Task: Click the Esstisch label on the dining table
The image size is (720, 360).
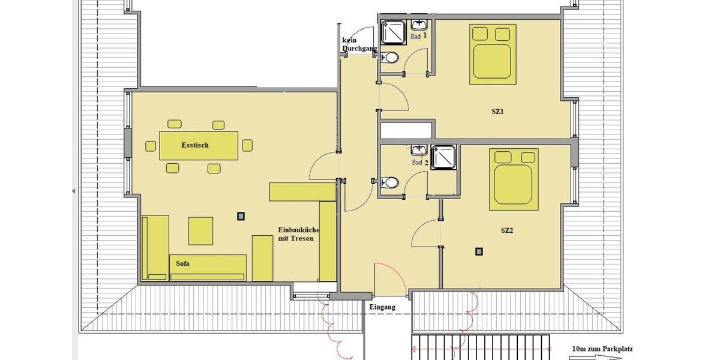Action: tap(195, 145)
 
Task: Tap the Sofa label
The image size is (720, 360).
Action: tap(183, 263)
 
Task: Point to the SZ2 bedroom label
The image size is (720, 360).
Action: tap(507, 230)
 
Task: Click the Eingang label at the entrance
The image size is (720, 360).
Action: tap(382, 307)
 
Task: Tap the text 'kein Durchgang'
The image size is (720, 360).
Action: tap(354, 44)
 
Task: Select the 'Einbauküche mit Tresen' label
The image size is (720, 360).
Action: tap(298, 234)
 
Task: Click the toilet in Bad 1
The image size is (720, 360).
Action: tap(391, 58)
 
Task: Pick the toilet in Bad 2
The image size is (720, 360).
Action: tap(391, 181)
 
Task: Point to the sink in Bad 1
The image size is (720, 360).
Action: tap(419, 25)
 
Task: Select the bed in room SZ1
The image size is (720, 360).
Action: tap(493, 54)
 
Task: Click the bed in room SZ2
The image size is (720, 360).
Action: tap(511, 180)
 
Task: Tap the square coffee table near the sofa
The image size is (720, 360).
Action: tap(201, 230)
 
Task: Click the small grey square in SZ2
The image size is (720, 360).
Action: tap(479, 252)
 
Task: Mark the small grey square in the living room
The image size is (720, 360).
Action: tap(241, 216)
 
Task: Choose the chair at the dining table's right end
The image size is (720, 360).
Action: tap(247, 145)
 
